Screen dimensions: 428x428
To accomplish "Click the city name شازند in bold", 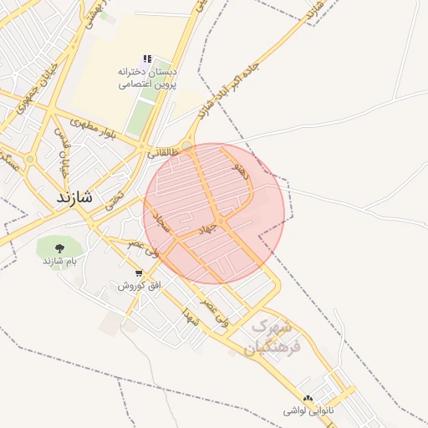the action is pyautogui.click(x=76, y=198).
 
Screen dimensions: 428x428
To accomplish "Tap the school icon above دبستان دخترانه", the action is pyautogui.click(x=147, y=59).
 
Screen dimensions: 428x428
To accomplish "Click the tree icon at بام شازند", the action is pyautogui.click(x=59, y=248).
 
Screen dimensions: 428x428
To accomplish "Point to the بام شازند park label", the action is pyautogui.click(x=59, y=262).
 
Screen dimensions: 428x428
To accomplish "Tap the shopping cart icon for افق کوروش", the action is pyautogui.click(x=138, y=273).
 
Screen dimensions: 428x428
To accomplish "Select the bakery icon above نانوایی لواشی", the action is pyautogui.click(x=308, y=400).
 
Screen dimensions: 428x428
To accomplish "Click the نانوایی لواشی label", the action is pyautogui.click(x=308, y=412).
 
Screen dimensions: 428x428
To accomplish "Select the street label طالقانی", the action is pyautogui.click(x=164, y=153).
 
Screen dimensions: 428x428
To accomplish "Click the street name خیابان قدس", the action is pyautogui.click(x=62, y=147).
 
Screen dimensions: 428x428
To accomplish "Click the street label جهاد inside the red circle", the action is pyautogui.click(x=206, y=227).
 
